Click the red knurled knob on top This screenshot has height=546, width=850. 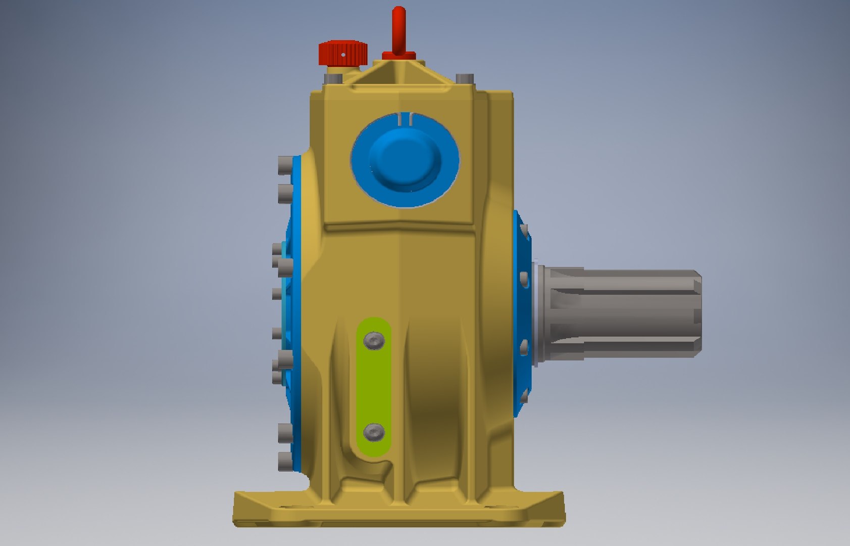[x=342, y=53]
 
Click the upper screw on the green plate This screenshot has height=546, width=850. [x=374, y=341]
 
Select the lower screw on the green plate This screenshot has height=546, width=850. [x=374, y=432]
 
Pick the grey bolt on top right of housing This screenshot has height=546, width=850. [x=465, y=78]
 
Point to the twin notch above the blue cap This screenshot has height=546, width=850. [x=406, y=118]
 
